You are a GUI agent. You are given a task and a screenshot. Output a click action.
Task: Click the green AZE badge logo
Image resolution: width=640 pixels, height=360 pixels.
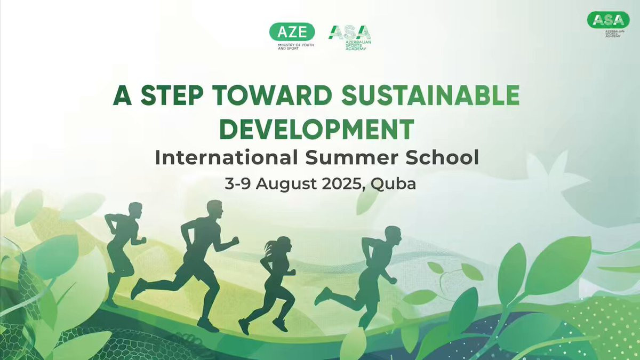(x=292, y=31)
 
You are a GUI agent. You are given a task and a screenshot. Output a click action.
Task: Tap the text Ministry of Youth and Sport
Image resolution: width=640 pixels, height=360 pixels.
(x=295, y=47)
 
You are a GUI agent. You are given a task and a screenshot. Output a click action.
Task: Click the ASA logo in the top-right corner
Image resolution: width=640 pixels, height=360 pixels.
(x=609, y=20)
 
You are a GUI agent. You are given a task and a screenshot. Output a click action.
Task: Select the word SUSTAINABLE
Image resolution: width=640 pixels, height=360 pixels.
(x=430, y=95)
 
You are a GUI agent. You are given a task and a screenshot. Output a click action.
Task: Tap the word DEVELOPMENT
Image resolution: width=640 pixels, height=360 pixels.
(x=317, y=129)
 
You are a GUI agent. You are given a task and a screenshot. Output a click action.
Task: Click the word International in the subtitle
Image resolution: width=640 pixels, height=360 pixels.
(x=227, y=157)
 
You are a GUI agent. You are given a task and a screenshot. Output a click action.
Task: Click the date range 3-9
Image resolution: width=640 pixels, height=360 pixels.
(x=238, y=183)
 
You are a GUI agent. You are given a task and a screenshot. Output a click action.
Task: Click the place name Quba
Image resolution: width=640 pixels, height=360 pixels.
(x=393, y=185)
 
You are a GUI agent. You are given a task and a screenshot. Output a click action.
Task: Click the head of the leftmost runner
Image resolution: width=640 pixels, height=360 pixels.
(x=135, y=211)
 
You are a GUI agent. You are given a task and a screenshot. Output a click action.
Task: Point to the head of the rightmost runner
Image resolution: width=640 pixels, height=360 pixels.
(x=393, y=235)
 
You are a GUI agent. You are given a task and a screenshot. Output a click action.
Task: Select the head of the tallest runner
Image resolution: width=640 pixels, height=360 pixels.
(x=214, y=209)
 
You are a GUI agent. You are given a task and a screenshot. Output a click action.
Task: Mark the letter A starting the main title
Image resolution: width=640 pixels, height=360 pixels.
(x=122, y=95)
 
